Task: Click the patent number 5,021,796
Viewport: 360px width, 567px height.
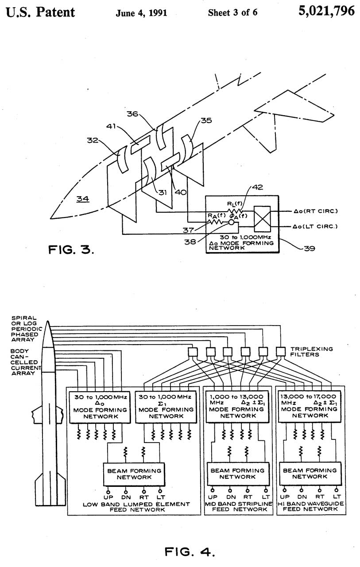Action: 326,11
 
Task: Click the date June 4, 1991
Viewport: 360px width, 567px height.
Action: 141,13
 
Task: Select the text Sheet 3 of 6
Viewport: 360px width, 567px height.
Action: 232,12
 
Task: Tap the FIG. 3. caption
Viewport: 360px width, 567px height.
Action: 71,250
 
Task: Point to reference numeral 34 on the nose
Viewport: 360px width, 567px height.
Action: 83,199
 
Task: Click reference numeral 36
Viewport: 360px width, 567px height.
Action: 132,114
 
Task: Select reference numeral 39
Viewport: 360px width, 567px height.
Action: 310,249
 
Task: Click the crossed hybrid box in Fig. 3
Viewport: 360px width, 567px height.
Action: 262,219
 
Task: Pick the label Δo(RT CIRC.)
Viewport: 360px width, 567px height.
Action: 315,211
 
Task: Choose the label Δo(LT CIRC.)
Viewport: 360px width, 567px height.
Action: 315,226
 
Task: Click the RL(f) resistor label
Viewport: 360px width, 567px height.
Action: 235,204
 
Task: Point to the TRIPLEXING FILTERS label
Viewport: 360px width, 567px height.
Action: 311,352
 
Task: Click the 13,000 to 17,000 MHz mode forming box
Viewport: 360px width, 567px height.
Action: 310,407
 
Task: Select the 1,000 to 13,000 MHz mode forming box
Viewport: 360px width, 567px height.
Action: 237,407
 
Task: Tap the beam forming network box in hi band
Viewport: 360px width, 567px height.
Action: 310,474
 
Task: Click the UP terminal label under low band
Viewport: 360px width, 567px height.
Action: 108,497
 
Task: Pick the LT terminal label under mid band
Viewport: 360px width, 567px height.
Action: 266,497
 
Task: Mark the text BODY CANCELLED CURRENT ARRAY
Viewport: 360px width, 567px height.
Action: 25,362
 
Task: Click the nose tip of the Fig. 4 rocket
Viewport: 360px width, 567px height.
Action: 47,321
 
